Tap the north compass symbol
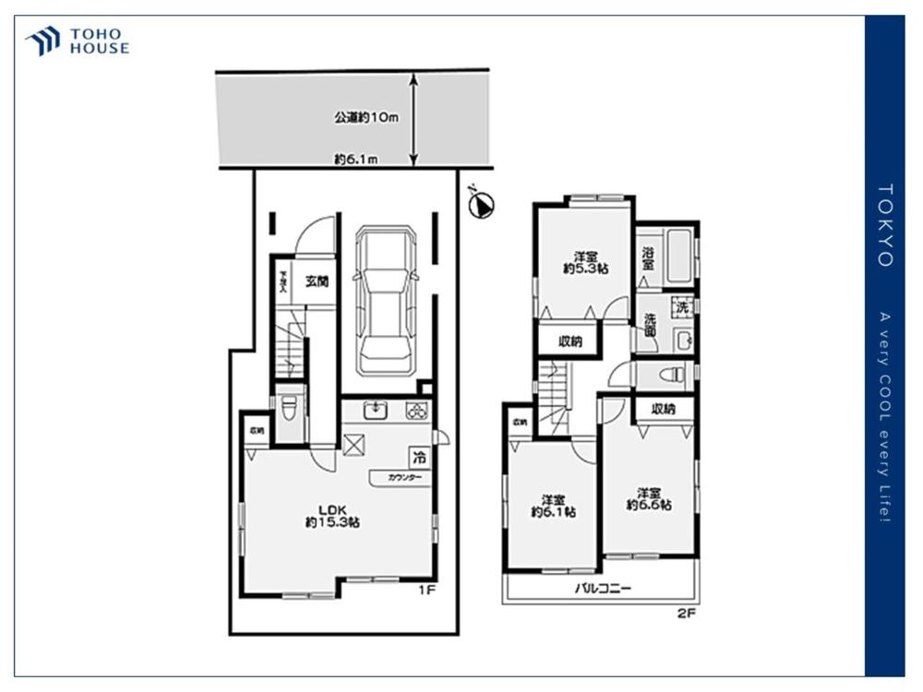480,205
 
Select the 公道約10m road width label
366,117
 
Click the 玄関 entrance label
317,281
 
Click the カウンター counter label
404,478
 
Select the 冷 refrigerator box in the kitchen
419,456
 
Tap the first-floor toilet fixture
288,407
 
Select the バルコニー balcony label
603,588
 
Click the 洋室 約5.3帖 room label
583,262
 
